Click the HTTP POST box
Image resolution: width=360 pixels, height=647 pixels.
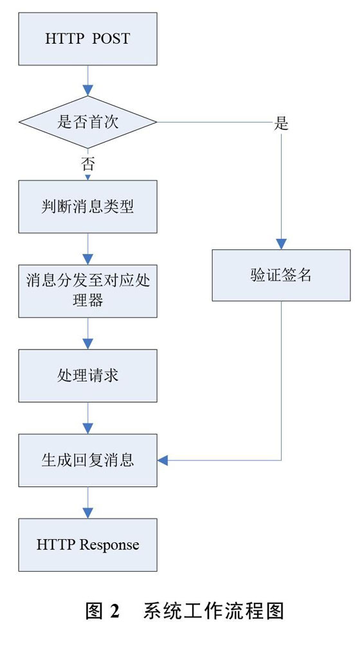(x=87, y=39)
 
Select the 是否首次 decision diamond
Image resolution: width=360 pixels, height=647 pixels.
(x=87, y=122)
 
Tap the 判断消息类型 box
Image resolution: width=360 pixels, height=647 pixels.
(x=87, y=206)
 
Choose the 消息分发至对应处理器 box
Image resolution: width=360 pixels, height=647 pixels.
(x=87, y=291)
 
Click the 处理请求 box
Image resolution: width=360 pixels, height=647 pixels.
(x=87, y=375)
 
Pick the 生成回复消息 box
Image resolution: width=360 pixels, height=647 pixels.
(x=87, y=460)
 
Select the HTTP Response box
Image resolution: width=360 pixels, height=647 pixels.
(x=87, y=545)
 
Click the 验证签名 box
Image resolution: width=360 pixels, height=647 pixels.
(x=281, y=275)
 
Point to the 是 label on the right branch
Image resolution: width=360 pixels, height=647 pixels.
(x=281, y=123)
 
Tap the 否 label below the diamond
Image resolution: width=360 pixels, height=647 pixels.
(x=87, y=164)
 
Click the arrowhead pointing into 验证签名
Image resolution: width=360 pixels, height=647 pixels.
(x=281, y=244)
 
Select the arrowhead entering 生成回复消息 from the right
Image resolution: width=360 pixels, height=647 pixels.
(x=163, y=460)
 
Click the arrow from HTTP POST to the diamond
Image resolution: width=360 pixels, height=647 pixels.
(x=87, y=80)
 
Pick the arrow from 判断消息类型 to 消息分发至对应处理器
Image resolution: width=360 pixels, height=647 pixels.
(x=87, y=249)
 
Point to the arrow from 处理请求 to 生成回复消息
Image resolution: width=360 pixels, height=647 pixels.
(x=87, y=418)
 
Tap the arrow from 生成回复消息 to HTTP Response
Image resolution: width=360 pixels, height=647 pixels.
(x=87, y=502)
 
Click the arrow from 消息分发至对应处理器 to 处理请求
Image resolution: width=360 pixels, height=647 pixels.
(x=87, y=333)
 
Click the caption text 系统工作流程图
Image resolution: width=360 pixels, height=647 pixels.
(x=213, y=610)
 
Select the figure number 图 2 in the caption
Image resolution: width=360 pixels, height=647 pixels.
(x=102, y=610)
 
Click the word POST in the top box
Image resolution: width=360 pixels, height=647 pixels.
(x=111, y=39)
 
